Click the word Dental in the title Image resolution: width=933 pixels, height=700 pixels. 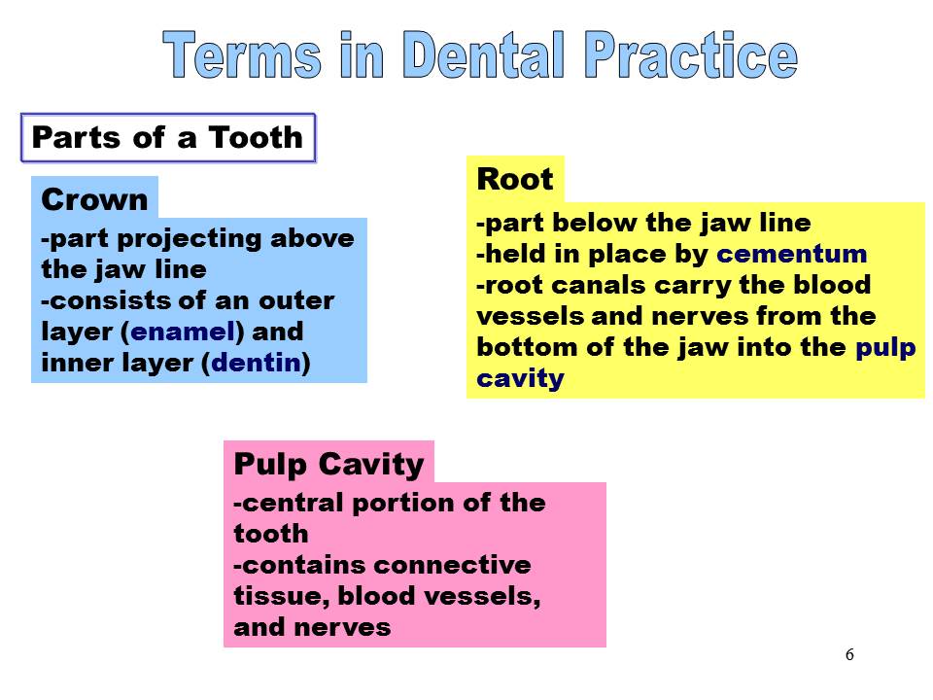(483, 54)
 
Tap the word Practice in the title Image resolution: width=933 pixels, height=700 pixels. (691, 54)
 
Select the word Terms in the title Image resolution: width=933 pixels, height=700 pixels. (242, 54)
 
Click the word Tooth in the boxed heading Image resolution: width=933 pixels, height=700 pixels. (256, 137)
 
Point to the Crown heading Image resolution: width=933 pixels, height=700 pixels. (94, 199)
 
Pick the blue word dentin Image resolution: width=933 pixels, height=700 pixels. (257, 363)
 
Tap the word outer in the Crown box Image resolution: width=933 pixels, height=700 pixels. (296, 300)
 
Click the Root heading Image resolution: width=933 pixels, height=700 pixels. (515, 179)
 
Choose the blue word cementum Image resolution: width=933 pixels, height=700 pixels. (791, 254)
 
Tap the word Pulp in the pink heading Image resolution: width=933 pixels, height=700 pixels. (270, 465)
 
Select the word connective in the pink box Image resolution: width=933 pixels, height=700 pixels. (453, 565)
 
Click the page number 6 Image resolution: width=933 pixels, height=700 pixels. (849, 654)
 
